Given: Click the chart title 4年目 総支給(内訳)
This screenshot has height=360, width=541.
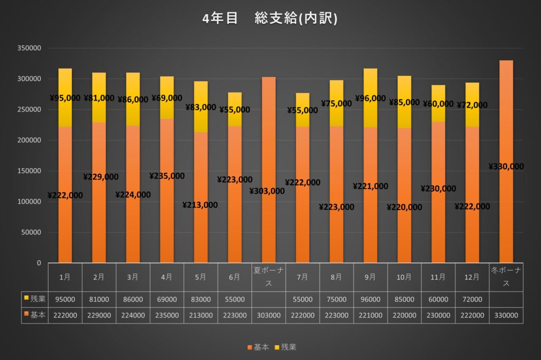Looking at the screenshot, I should [270, 19].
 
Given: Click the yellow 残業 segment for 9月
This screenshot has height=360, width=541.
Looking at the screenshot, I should [370, 113].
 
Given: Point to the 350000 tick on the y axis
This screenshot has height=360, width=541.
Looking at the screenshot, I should [29, 48].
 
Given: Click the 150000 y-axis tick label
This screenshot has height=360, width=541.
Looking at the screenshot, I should [29, 171].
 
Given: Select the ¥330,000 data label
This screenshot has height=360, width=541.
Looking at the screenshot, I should [506, 167].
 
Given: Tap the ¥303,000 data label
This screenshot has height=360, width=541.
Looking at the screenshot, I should [267, 191].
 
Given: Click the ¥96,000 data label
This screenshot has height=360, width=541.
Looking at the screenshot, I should [370, 98].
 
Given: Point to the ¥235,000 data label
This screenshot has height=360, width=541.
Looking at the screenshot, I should [167, 176].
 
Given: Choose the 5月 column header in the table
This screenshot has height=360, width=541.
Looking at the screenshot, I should [201, 277].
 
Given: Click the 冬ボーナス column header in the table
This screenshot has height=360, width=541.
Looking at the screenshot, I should [506, 277].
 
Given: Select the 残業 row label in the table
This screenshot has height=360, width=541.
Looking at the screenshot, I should [34, 299].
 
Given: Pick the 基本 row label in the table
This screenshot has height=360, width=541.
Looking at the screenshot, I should [34, 315].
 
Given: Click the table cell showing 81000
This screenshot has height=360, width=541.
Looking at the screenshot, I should [99, 299].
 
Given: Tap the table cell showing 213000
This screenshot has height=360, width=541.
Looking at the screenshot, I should [201, 315].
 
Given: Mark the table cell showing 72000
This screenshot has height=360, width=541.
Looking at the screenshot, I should [472, 299].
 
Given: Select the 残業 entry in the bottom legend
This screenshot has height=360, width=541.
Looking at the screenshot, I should [285, 347].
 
